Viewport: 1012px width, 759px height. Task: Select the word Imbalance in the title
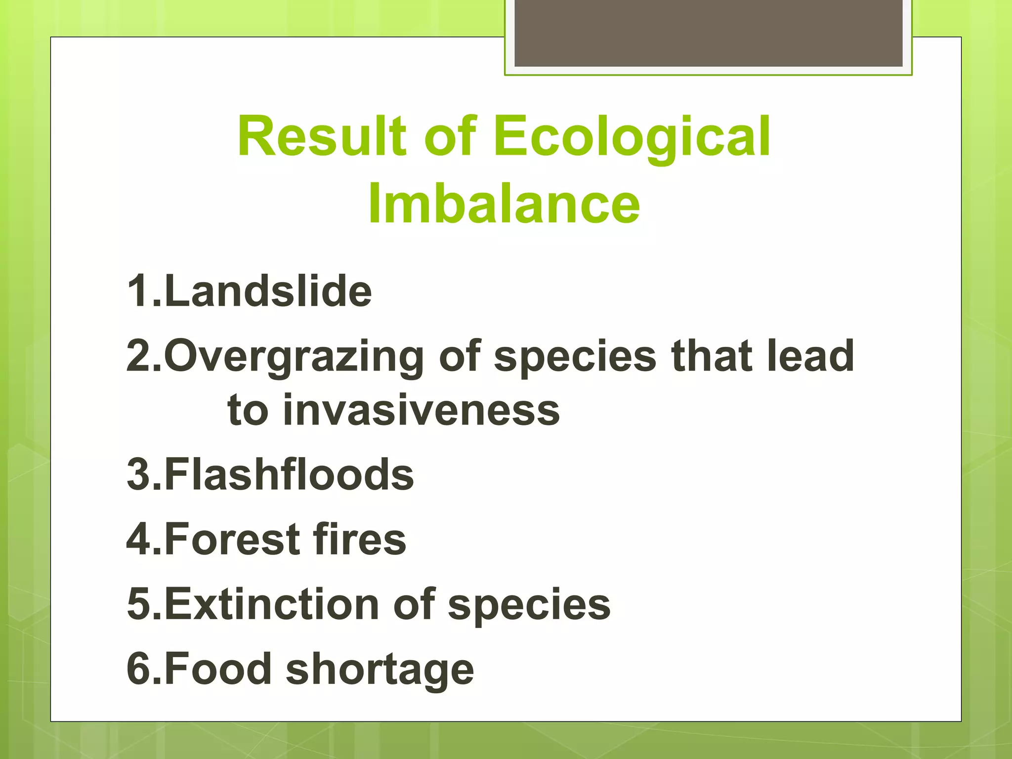(504, 203)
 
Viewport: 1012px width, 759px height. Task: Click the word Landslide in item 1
(268, 291)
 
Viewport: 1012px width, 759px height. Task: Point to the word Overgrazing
(294, 357)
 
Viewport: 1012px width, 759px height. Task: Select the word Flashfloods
(289, 474)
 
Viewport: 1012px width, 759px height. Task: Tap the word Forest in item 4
(232, 539)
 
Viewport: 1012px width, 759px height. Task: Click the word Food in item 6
(218, 669)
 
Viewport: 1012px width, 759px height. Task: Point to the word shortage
(380, 670)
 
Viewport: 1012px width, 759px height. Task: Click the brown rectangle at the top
(709, 33)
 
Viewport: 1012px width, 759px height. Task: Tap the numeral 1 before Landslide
(137, 291)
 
